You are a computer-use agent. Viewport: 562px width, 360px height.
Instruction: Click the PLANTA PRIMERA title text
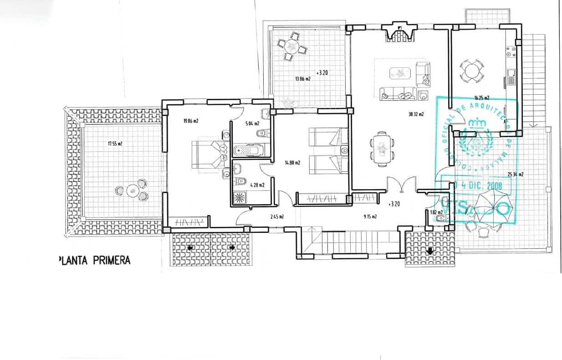tap(94, 260)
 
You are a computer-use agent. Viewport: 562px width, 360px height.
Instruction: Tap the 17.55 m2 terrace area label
tap(115, 144)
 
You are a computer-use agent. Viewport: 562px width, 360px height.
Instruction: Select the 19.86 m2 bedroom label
tap(191, 121)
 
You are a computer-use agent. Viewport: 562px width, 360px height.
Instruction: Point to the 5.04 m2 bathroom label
tap(252, 123)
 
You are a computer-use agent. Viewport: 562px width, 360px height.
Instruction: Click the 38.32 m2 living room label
tap(416, 114)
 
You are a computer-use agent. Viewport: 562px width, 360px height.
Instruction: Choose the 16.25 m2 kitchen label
tap(481, 98)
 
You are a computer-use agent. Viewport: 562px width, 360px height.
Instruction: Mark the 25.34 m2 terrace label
tap(515, 174)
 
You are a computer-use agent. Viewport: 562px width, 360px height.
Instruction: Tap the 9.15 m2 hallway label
tap(370, 217)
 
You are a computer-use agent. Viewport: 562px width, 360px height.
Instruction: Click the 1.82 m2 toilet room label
tap(436, 212)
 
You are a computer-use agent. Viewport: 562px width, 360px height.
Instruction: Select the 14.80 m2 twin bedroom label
tap(292, 162)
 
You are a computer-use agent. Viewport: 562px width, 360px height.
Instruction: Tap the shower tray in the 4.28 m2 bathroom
tap(239, 197)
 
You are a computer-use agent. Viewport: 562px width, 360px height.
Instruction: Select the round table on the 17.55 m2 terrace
tap(133, 190)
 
